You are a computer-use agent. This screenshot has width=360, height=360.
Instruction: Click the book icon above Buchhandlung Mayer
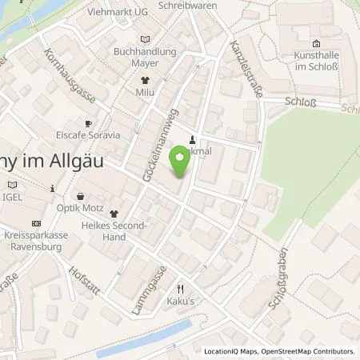pyautogui.click(x=145, y=39)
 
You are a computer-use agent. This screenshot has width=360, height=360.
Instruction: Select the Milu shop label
pyautogui.click(x=146, y=93)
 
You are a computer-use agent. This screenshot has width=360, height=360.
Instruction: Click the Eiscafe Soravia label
pyautogui.click(x=88, y=135)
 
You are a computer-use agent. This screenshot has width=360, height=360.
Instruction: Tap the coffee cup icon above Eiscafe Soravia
pyautogui.click(x=88, y=122)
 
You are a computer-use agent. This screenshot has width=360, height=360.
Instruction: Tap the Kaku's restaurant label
pyautogui.click(x=181, y=302)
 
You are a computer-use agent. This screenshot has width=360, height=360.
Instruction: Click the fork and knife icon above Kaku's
pyautogui.click(x=181, y=289)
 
